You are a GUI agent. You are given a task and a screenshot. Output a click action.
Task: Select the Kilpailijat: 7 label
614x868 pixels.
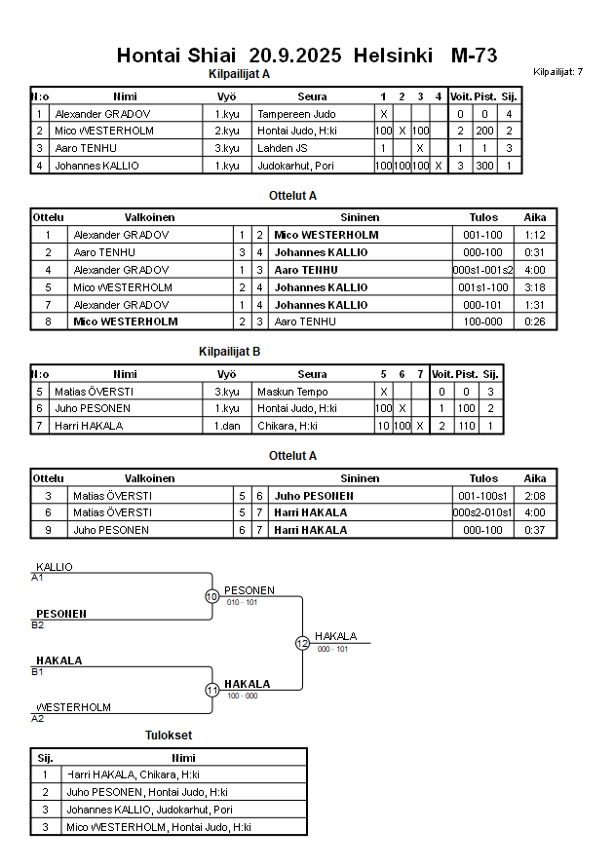(558, 72)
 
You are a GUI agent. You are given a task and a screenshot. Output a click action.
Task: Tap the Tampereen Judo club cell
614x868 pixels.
(296, 114)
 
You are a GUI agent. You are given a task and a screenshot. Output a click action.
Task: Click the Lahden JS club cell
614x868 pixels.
(284, 148)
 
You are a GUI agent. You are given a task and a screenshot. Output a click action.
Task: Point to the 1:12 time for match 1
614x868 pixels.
(534, 235)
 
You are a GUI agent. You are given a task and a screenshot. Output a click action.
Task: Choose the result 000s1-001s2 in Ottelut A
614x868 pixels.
(483, 270)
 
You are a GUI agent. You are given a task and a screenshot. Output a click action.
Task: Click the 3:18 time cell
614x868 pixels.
(534, 287)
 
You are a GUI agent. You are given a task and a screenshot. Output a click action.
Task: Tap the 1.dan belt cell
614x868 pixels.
(227, 426)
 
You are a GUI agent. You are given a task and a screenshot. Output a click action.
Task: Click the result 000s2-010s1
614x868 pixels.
(483, 512)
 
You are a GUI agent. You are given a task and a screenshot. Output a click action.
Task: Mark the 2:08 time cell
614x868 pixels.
(534, 495)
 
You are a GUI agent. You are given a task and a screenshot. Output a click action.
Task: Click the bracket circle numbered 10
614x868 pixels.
(211, 596)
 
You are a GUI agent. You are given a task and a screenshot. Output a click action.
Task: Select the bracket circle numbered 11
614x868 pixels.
(211, 690)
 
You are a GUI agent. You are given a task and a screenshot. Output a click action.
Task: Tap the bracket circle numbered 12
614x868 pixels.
(302, 643)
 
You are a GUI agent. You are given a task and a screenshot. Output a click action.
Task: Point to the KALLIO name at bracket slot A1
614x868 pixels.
(55, 567)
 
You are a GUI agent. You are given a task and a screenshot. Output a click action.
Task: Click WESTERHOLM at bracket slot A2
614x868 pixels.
(74, 707)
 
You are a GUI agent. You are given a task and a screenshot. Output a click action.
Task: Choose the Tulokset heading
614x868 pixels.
(169, 736)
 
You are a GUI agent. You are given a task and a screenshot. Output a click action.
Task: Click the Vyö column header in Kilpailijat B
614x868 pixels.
(227, 373)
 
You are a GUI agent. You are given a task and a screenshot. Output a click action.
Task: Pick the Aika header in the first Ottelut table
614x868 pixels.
(534, 217)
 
